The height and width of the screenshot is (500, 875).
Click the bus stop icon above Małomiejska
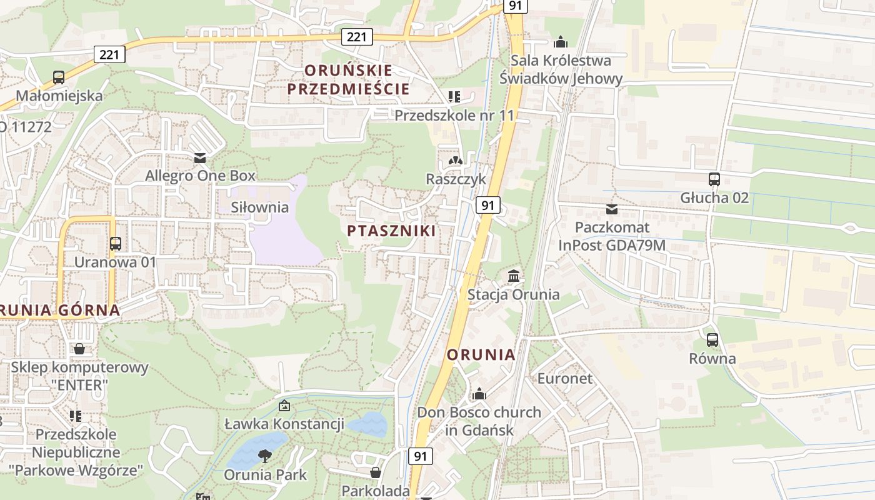[x=59, y=77]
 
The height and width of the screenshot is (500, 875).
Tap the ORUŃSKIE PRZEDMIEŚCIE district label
[x=348, y=79]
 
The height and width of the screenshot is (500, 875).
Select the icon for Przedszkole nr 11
[x=454, y=96]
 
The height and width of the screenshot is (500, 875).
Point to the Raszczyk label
[x=456, y=179]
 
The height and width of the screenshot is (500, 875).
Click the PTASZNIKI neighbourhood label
[x=391, y=231]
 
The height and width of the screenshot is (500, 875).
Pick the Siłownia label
[x=260, y=207]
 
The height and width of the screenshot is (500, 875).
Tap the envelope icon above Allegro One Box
[x=200, y=157]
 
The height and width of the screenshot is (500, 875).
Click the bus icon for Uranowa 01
[x=116, y=244]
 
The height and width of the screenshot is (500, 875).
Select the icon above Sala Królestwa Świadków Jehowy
[x=561, y=42]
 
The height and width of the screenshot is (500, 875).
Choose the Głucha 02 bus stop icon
[x=714, y=179]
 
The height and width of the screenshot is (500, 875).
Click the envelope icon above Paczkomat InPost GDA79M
[x=612, y=209]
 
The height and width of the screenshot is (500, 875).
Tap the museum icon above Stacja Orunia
[x=514, y=276]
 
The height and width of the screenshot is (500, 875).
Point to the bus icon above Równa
[x=712, y=341]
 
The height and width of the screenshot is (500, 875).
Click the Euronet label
[x=565, y=378]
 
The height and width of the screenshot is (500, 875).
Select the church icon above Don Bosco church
[x=479, y=394]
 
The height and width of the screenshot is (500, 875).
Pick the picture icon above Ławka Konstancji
[x=284, y=406]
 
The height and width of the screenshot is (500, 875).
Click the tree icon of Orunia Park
[x=266, y=456]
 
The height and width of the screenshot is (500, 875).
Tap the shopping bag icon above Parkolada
[x=376, y=472]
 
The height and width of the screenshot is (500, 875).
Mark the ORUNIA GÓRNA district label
[x=60, y=309]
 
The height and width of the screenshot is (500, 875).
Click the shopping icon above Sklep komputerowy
[x=79, y=349]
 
